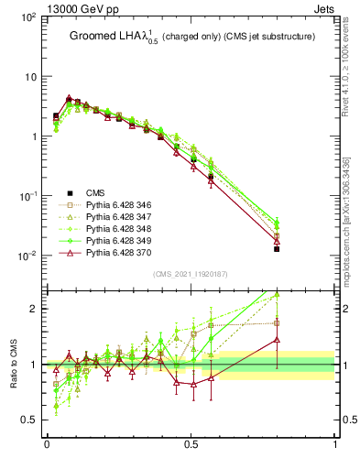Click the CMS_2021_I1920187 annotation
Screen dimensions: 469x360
point(191,274)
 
